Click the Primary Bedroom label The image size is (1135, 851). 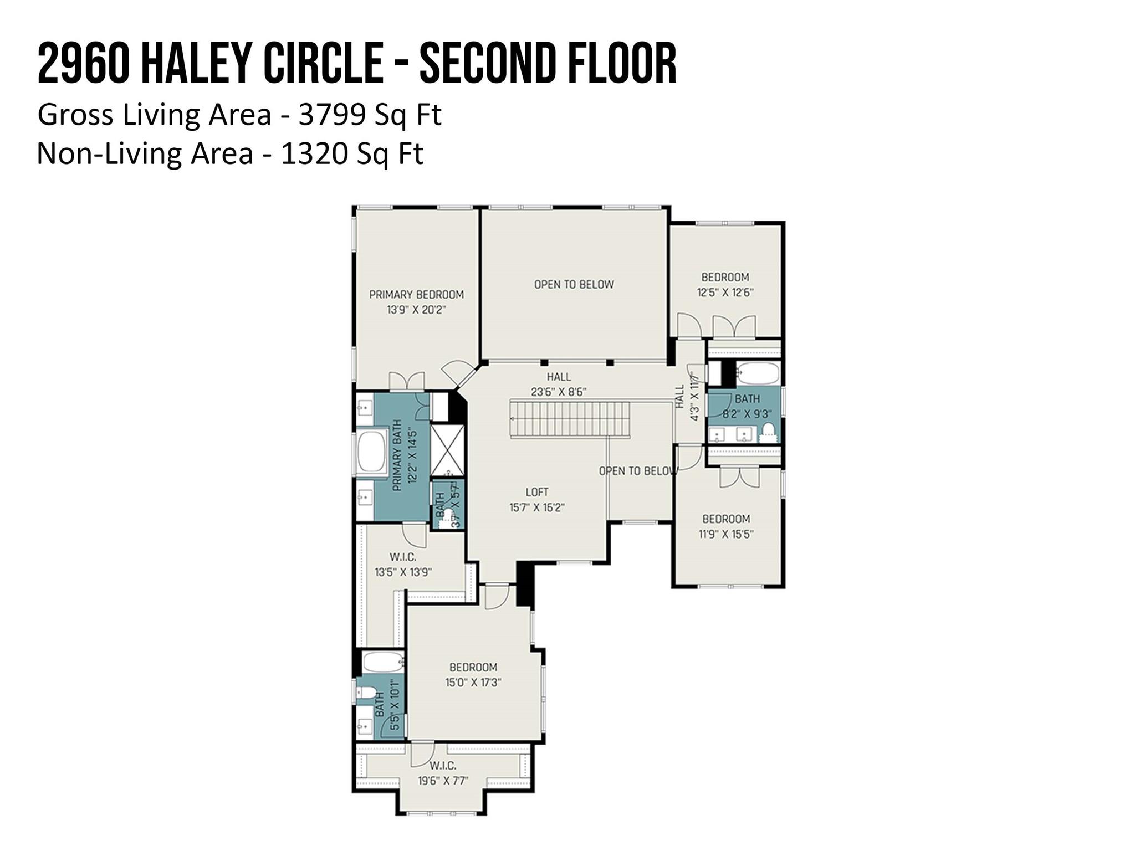pos(416,294)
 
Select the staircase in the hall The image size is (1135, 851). pos(570,419)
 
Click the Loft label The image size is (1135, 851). pos(536,492)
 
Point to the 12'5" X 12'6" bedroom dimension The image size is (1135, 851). pos(725,293)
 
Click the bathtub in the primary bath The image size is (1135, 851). pos(372,452)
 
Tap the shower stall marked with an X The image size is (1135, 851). pos(447,450)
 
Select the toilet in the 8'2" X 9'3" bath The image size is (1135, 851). pos(768,430)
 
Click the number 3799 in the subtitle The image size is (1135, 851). pos(331,115)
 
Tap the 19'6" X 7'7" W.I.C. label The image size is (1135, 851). pos(442,773)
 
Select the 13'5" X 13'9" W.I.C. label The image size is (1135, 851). pos(403,565)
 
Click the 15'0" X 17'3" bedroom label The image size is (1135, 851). pos(473,675)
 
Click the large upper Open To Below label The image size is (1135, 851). pos(574,284)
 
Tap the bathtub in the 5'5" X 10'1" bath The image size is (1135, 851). pos(382,663)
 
